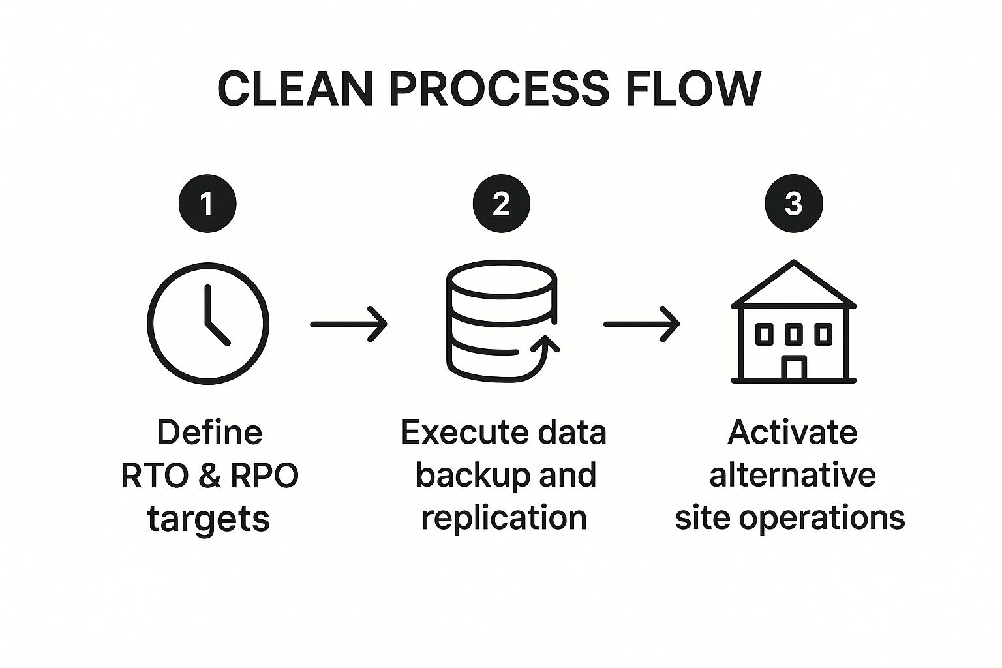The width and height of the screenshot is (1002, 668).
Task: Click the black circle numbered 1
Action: click(x=207, y=203)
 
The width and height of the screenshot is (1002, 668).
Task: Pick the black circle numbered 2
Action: click(x=501, y=203)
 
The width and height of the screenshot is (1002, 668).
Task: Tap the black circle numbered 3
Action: click(x=793, y=203)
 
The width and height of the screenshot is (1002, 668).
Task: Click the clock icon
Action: click(x=207, y=323)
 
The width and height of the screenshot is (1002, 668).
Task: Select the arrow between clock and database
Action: click(x=349, y=324)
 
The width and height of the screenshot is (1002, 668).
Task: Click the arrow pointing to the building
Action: click(x=642, y=324)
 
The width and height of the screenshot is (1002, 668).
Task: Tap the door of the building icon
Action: click(x=793, y=368)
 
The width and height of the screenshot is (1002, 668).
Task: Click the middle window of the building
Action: click(x=793, y=334)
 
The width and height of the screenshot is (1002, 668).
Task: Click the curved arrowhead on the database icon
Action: click(x=549, y=344)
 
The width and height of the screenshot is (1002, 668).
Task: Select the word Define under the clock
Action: click(x=209, y=432)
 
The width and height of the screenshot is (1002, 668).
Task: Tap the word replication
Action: click(x=504, y=517)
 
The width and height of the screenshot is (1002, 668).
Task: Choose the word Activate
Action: click(x=792, y=432)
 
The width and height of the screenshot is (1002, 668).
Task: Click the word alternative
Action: click(x=792, y=475)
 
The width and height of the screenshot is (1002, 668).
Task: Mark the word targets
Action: click(x=209, y=519)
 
